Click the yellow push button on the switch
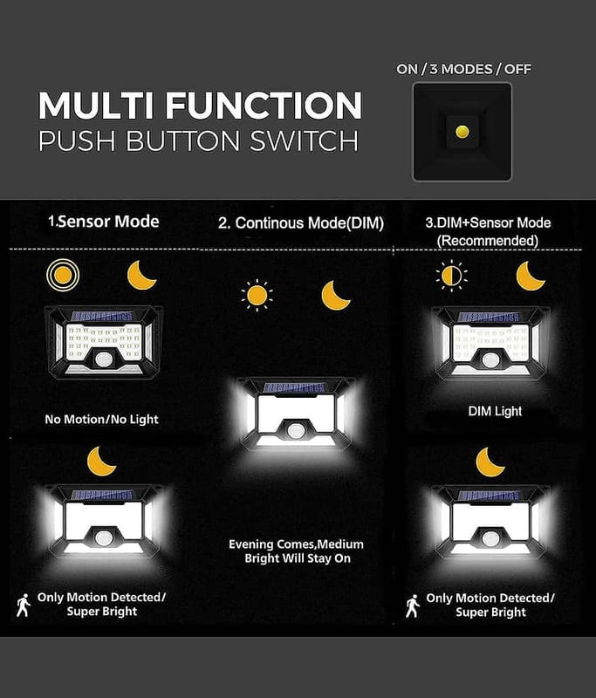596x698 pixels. click(462, 132)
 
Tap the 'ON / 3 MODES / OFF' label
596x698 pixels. click(464, 69)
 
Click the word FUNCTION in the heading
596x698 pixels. click(264, 106)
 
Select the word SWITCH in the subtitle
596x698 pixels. click(304, 140)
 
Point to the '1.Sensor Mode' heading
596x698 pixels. click(104, 222)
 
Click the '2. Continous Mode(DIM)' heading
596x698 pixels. click(301, 223)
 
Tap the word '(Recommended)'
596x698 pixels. click(488, 241)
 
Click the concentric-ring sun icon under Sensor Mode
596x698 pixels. click(63, 275)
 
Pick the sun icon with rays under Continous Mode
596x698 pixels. click(257, 295)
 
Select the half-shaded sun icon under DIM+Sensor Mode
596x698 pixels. click(451, 276)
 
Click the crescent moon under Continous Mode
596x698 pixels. click(335, 295)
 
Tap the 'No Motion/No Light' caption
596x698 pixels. click(101, 420)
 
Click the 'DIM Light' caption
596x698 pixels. click(495, 411)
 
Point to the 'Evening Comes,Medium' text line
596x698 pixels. click(296, 544)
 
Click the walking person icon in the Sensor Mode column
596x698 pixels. click(24, 605)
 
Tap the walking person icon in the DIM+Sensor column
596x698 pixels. click(413, 606)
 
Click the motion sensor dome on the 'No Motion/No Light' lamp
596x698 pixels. click(103, 359)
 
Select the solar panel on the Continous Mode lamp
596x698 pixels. click(295, 387)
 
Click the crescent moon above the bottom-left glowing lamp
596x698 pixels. click(101, 462)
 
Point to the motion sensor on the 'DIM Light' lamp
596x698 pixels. click(490, 360)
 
